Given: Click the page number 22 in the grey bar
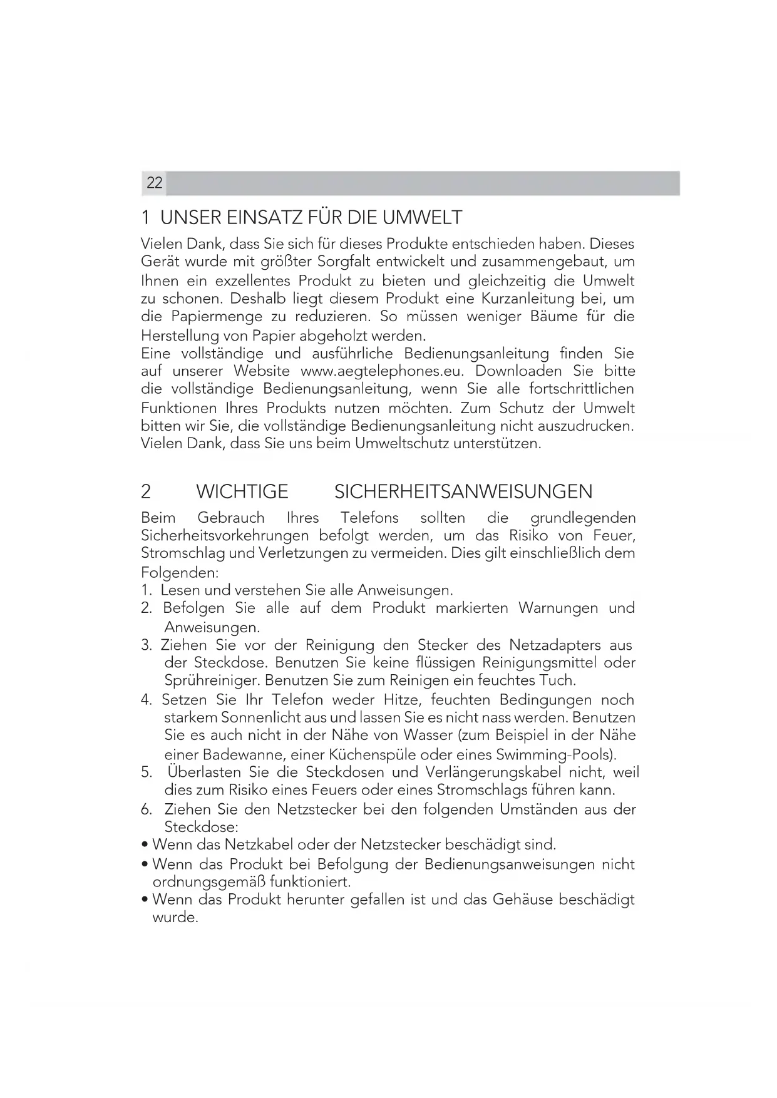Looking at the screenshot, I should click(154, 183).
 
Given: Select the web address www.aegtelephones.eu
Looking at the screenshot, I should click(382, 371).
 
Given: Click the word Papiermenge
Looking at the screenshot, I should click(215, 317).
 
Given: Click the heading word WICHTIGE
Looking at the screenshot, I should click(242, 492).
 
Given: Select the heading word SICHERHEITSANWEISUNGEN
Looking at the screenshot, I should click(463, 492).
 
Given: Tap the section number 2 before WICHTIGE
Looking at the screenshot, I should click(146, 492).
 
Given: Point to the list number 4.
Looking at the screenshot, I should click(147, 700).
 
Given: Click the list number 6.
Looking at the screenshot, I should click(147, 809).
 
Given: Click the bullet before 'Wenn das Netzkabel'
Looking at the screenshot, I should click(145, 846).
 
